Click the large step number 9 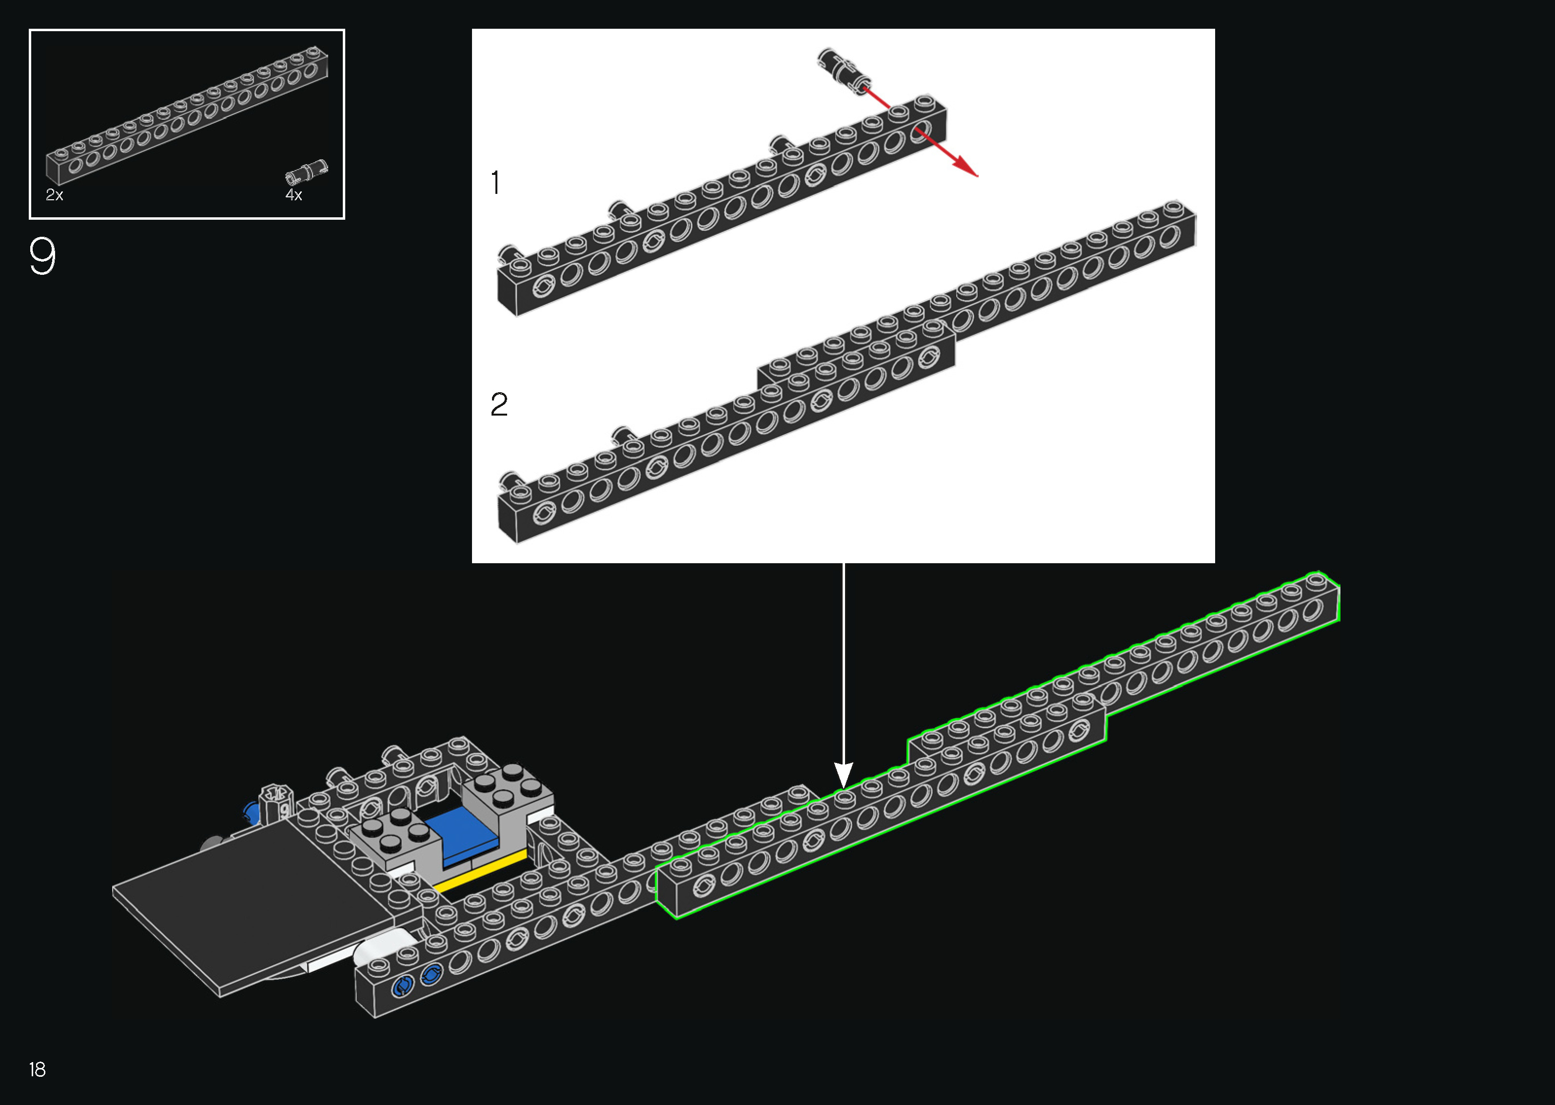(x=42, y=256)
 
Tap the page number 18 (x=38, y=1069)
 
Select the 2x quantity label (x=55, y=195)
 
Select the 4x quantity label (x=294, y=195)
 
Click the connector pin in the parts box (x=306, y=171)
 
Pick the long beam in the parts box (x=187, y=115)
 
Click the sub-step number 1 (x=495, y=183)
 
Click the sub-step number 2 (x=499, y=404)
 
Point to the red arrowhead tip (x=978, y=176)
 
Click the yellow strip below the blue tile (x=480, y=870)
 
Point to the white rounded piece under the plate (x=381, y=949)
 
